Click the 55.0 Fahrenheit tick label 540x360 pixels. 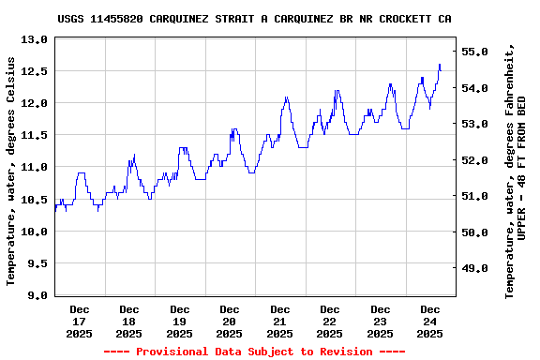[476, 52]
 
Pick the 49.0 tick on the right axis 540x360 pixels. [476, 268]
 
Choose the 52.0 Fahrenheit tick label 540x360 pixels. [476, 160]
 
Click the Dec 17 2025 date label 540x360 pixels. [80, 321]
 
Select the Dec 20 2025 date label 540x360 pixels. [230, 321]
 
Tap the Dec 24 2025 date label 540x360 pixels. [430, 321]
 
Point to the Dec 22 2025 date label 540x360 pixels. [330, 321]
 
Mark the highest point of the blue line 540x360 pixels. [440, 65]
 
